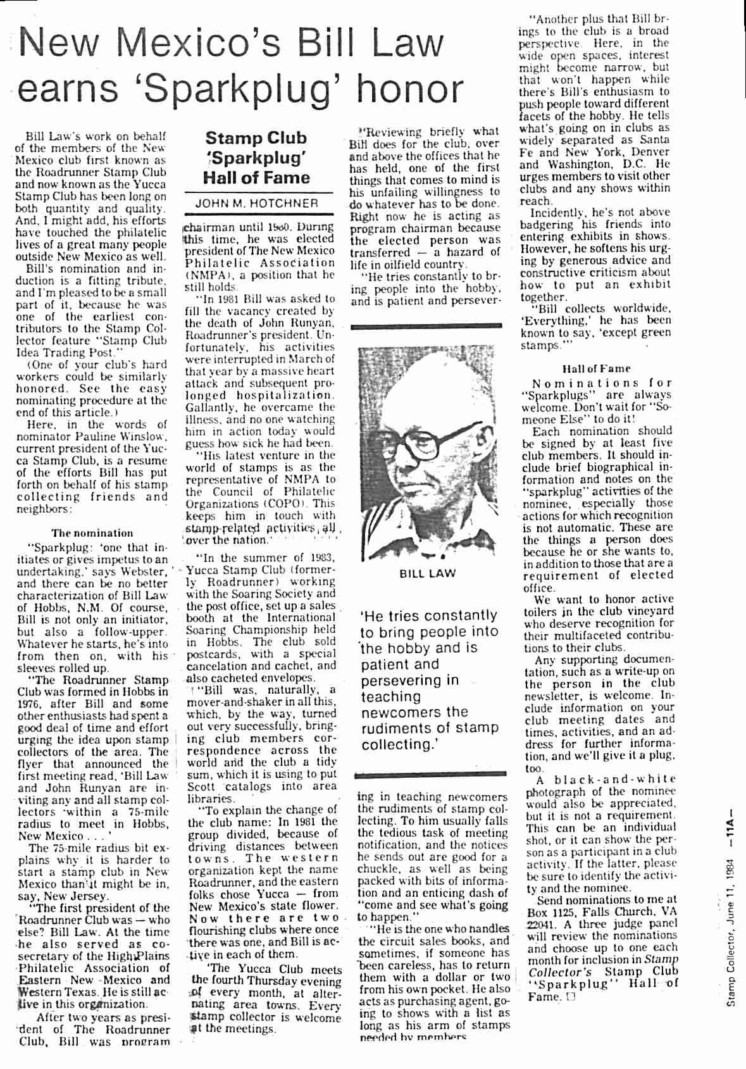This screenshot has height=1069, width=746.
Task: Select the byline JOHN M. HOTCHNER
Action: point(256,204)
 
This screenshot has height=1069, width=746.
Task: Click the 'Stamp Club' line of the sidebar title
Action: point(256,138)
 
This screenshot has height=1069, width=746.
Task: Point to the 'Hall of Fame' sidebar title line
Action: point(256,178)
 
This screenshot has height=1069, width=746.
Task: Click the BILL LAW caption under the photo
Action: point(428,573)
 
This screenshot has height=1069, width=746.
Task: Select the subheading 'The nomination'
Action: point(92,533)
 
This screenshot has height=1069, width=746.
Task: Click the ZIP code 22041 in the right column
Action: point(537,923)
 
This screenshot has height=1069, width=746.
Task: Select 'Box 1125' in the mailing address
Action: point(549,912)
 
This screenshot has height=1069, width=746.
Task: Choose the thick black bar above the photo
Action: point(428,327)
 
